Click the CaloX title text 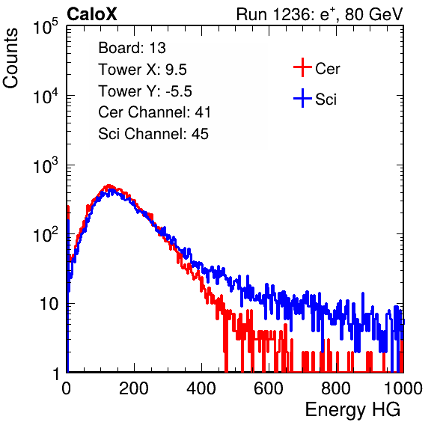[91, 14]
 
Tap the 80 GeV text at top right [374, 14]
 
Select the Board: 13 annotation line [132, 48]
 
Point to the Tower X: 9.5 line [142, 70]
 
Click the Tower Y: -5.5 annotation [145, 91]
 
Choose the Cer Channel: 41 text [154, 112]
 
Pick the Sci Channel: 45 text [153, 134]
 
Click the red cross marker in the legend [302, 67]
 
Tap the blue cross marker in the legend [302, 99]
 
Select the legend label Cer [327, 69]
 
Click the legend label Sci [326, 100]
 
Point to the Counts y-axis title [10, 58]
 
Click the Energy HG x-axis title [352, 410]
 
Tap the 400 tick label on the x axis [201, 388]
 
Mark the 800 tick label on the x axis [336, 388]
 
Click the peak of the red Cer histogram [109, 186]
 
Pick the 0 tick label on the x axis [66, 388]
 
